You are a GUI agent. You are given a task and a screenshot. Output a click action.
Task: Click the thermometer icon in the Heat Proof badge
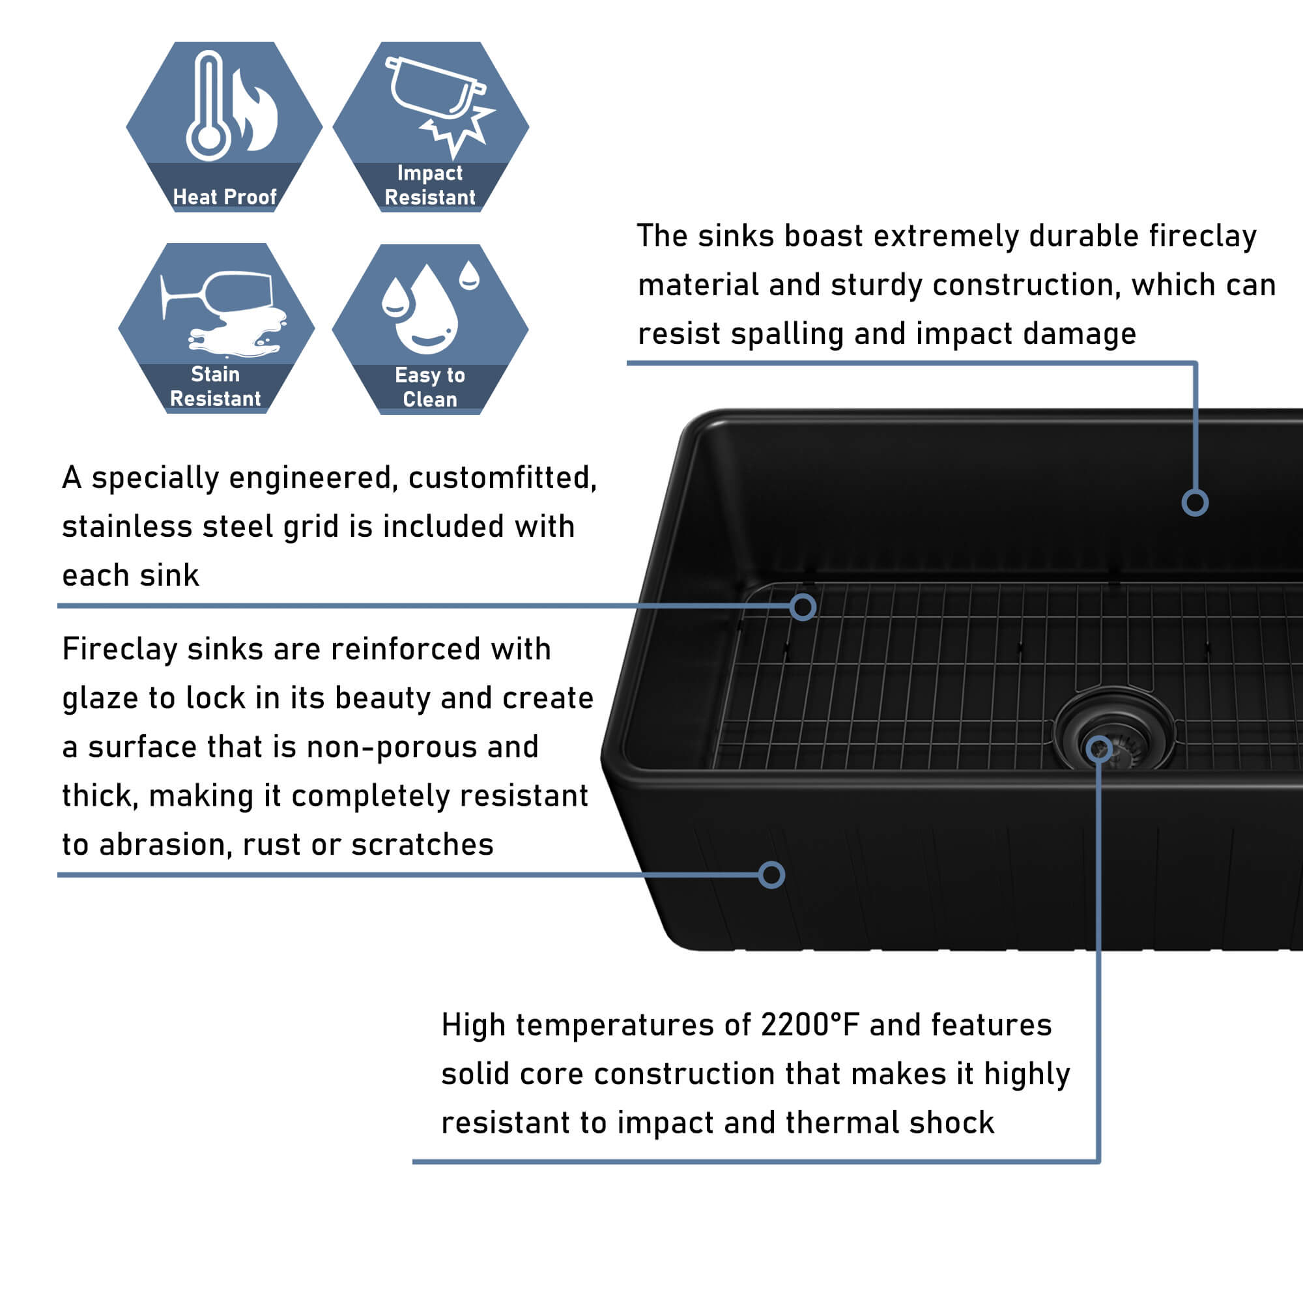click(208, 106)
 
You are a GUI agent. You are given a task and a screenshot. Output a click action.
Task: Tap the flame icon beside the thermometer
click(254, 110)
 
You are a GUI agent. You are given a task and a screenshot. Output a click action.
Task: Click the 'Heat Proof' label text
click(225, 197)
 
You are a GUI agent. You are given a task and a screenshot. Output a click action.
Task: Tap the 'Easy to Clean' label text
click(429, 387)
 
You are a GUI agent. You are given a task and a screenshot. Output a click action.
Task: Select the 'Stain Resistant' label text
click(215, 386)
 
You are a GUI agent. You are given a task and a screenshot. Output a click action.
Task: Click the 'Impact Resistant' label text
click(429, 186)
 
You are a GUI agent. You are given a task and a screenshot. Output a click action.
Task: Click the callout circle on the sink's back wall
click(1194, 502)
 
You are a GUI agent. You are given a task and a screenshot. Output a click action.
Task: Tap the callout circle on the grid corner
click(803, 607)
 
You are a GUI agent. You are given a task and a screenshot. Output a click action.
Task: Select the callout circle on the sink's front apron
click(771, 876)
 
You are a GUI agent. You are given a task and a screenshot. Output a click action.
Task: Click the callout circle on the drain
click(1098, 748)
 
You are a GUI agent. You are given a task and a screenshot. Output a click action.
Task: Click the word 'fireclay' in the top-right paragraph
click(1203, 236)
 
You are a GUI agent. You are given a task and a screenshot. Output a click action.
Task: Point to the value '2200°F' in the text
click(810, 1024)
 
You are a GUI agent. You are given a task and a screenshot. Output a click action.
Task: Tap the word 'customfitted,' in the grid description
click(502, 478)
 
